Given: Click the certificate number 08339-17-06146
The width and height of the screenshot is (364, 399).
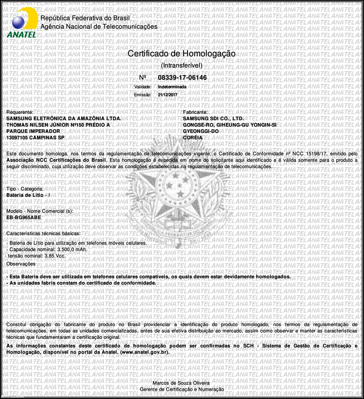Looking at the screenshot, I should tap(182, 78).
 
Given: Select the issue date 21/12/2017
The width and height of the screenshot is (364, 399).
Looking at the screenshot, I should tap(167, 95).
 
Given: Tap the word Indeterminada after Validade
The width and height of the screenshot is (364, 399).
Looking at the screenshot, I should tap(172, 87).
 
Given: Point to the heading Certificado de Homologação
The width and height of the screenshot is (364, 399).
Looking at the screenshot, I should tap(181, 54).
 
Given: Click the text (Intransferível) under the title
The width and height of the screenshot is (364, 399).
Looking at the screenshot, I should tap(181, 66).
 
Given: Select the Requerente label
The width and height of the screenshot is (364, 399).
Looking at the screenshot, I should tap(20, 112).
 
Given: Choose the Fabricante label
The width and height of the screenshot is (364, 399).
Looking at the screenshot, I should tap(195, 112).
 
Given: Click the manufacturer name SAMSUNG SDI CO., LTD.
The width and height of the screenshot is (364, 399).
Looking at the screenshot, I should tap(213, 119).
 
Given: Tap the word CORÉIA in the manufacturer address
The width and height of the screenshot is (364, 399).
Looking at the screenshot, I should tap(193, 138).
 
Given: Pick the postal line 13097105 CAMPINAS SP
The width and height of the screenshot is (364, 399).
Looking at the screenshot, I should tap(35, 138).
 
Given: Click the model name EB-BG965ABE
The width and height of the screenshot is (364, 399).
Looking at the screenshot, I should tap(24, 217).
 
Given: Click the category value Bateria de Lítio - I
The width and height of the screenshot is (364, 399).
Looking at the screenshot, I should tap(28, 195).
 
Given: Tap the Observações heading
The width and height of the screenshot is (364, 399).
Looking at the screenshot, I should tap(21, 264).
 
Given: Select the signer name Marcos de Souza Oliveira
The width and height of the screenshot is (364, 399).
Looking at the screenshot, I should tap(181, 383).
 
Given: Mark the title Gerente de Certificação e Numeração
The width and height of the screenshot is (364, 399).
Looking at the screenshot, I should tap(182, 390).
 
